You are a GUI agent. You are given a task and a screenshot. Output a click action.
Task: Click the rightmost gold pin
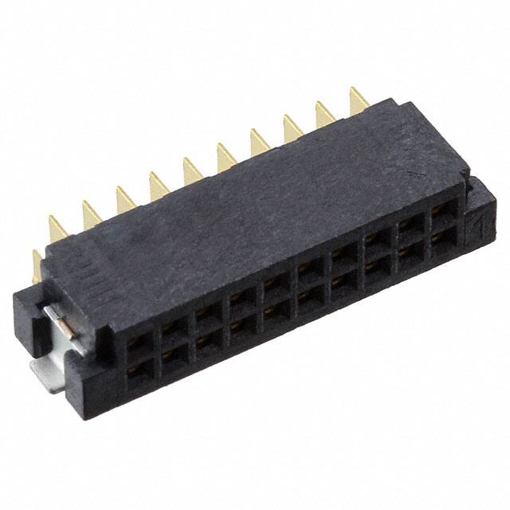(x=359, y=100)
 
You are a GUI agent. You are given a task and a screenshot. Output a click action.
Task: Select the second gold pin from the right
(x=325, y=114)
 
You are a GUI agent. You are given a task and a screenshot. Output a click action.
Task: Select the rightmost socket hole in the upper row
(x=441, y=215)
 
